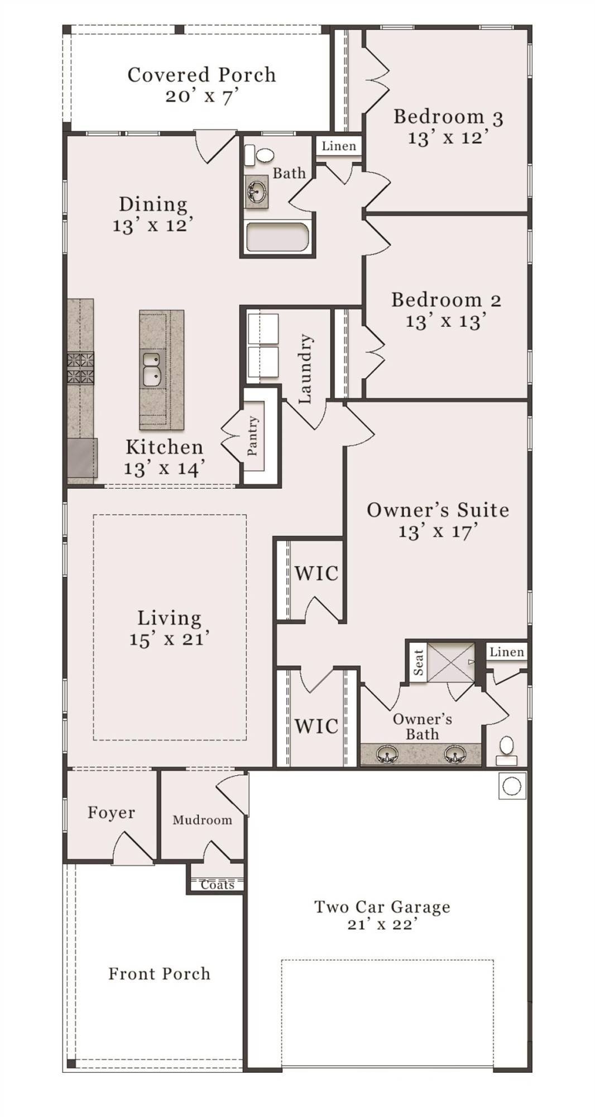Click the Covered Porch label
[x=201, y=75]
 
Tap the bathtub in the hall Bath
[x=277, y=238]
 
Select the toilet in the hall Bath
[x=261, y=155]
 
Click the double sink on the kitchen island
[x=151, y=369]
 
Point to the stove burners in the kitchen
[x=81, y=368]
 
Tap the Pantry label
[x=253, y=435]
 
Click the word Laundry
[x=305, y=369]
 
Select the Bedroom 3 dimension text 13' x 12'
[x=448, y=137]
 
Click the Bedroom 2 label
[x=446, y=300]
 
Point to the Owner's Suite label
[x=438, y=510]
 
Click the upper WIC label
[x=316, y=574]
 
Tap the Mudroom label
[x=202, y=820]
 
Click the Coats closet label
[x=217, y=885]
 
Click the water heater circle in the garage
[x=511, y=786]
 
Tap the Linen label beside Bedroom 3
[x=339, y=146]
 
